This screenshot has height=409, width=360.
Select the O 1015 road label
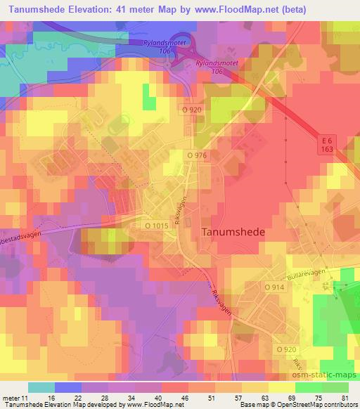(157, 226)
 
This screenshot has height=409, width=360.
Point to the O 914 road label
(275, 287)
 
